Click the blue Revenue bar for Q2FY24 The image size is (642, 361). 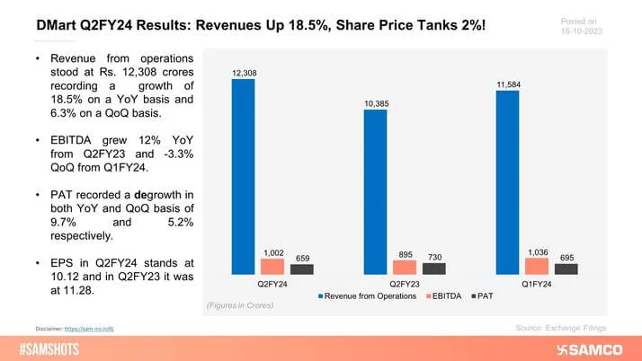click(243, 176)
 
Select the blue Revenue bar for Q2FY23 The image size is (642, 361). click(375, 191)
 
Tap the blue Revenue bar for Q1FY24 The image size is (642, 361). click(507, 182)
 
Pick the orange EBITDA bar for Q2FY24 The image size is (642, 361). click(272, 266)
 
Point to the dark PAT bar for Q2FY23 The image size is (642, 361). click(433, 269)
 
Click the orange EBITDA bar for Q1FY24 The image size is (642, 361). click(536, 266)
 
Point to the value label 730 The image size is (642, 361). click(433, 254)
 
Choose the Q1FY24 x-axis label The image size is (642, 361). click(536, 284)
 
